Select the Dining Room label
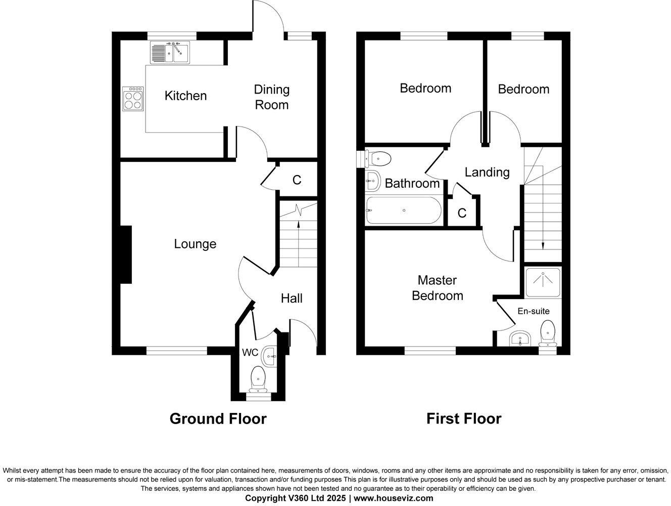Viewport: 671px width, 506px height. (271, 97)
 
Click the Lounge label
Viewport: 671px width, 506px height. (195, 244)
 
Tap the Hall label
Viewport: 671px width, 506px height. (292, 299)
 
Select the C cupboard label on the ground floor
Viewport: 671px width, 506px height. (297, 180)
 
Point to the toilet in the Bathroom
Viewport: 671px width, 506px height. (378, 159)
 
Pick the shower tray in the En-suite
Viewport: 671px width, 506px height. (543, 282)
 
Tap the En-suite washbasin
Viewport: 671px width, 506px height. (520, 339)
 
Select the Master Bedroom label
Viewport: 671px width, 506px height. (437, 288)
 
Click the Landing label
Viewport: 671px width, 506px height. (487, 172)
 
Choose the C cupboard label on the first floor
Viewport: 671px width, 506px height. (462, 213)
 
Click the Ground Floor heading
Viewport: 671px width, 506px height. (218, 419)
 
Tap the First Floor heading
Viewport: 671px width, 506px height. (464, 419)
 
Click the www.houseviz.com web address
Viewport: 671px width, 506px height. (393, 498)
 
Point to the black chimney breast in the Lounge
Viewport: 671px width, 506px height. (125, 255)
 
